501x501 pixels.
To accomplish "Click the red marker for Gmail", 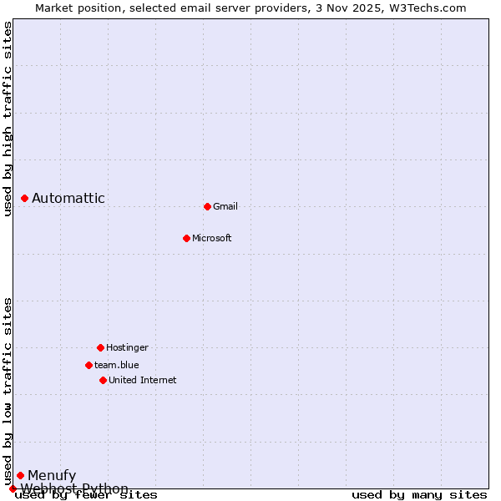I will (x=207, y=206).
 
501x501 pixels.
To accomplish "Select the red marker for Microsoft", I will (x=186, y=238).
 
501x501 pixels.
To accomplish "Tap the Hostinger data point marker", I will (x=100, y=347).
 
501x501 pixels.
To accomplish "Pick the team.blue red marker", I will (x=89, y=365).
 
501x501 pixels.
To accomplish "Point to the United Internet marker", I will (x=103, y=380).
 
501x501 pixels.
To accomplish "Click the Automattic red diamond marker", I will (x=24, y=198).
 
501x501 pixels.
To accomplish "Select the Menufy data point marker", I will (x=20, y=475).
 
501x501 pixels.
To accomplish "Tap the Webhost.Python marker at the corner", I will (x=13, y=488).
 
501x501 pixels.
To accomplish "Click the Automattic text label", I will (x=68, y=199).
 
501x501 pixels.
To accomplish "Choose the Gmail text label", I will (x=225, y=207).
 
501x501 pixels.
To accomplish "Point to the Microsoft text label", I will (x=212, y=239).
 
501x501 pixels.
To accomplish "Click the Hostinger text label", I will (x=127, y=347).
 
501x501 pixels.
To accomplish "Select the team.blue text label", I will (x=117, y=365).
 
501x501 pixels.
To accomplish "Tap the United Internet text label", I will (x=143, y=381).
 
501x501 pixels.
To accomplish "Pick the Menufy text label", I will (x=52, y=476).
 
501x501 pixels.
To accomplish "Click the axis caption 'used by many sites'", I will (x=419, y=495).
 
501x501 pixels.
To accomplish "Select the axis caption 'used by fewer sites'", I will (x=87, y=495).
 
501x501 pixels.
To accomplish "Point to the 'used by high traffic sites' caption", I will (x=8, y=119).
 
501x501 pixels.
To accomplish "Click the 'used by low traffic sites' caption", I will (x=8, y=391).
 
